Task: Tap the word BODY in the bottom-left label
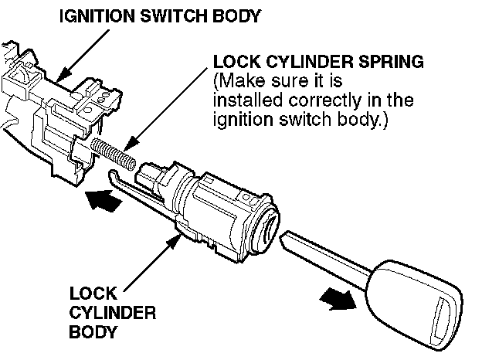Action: click(x=92, y=333)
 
